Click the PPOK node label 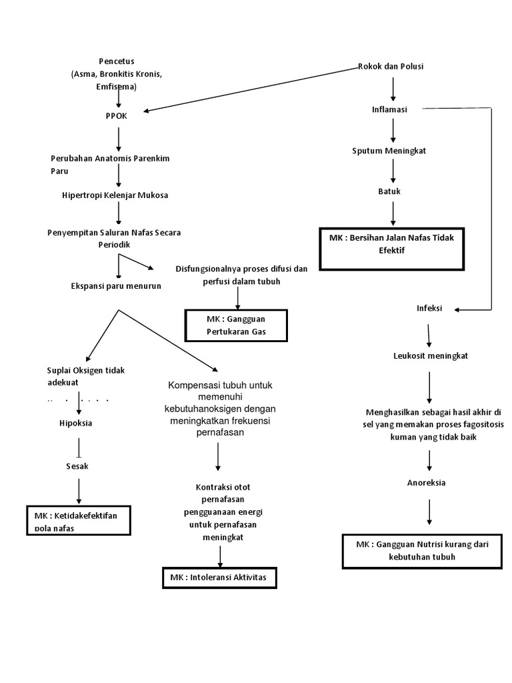tap(116, 115)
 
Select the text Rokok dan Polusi tap(391, 66)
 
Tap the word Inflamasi tap(390, 109)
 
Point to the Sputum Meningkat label tap(389, 151)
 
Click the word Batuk tap(390, 191)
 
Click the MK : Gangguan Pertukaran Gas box tap(236, 325)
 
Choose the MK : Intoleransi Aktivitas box tap(219, 578)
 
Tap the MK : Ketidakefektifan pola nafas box tap(78, 520)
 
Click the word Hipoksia tap(75, 424)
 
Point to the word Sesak tap(77, 466)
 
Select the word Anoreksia tap(427, 482)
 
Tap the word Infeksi tap(429, 309)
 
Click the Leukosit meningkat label tap(430, 356)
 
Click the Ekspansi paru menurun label tap(116, 286)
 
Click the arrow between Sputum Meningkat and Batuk tap(393, 171)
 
